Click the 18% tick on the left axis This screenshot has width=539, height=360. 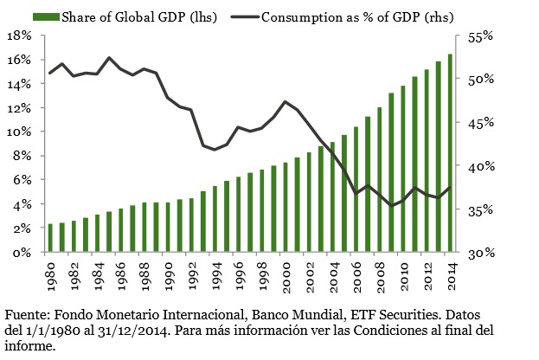(19, 36)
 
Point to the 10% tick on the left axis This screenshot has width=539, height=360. (19, 132)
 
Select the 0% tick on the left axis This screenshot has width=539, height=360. (22, 253)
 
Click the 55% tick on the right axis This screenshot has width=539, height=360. (477, 36)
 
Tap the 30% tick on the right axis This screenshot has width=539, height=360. (477, 253)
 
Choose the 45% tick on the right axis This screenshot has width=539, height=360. (477, 123)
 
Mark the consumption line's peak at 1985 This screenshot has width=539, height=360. (109, 58)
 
